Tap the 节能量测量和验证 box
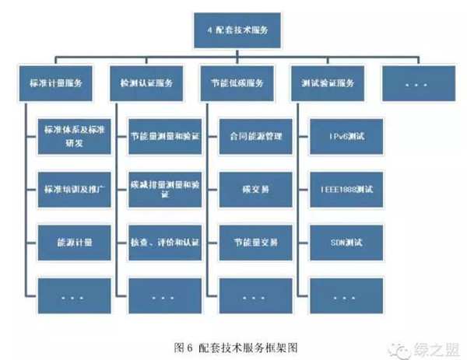coord(164,137)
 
